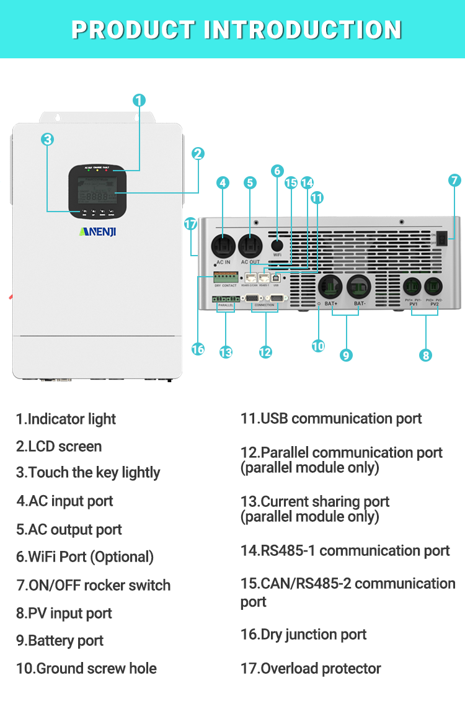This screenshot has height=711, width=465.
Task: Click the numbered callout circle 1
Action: (x=139, y=100)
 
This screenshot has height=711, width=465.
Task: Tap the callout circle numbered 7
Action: (x=454, y=181)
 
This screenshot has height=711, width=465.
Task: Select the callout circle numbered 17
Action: (x=191, y=224)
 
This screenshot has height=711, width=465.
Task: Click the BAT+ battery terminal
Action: (x=330, y=287)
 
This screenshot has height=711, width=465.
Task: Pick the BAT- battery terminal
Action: (x=359, y=287)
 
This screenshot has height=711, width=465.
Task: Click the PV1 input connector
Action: (x=413, y=287)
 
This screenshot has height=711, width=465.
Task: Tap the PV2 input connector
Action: (x=434, y=287)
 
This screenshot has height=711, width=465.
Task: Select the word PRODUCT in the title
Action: (x=131, y=30)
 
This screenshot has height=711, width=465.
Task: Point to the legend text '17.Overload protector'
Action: (x=311, y=669)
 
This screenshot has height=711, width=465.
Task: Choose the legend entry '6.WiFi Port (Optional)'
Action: (x=85, y=557)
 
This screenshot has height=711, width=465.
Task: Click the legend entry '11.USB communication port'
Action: (x=331, y=419)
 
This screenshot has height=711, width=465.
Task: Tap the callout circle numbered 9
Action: (x=347, y=355)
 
